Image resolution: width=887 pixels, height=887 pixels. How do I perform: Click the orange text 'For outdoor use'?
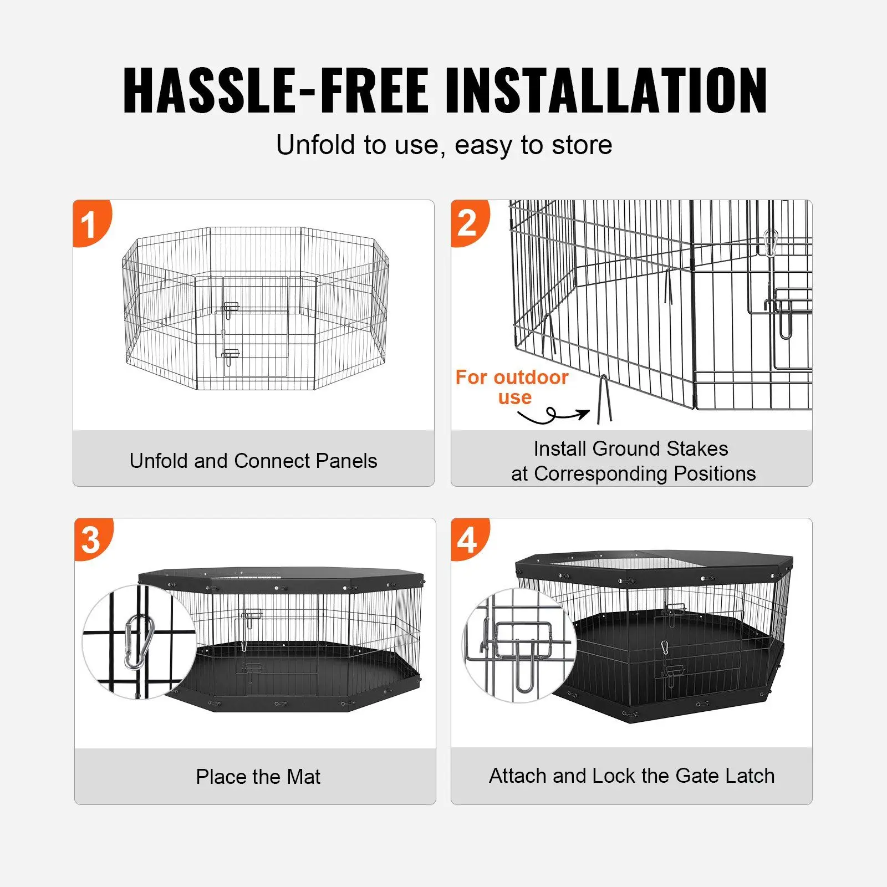(512, 387)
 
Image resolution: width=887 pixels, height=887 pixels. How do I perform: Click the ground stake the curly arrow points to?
(604, 399)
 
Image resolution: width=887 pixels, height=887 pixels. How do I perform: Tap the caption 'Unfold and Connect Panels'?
(253, 461)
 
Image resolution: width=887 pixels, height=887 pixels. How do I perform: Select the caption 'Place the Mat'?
(258, 777)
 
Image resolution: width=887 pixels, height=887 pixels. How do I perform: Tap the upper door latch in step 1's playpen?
(230, 308)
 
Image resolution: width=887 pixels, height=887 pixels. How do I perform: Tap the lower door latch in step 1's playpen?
(230, 355)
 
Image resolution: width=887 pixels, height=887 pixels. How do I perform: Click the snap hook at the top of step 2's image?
(771, 242)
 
